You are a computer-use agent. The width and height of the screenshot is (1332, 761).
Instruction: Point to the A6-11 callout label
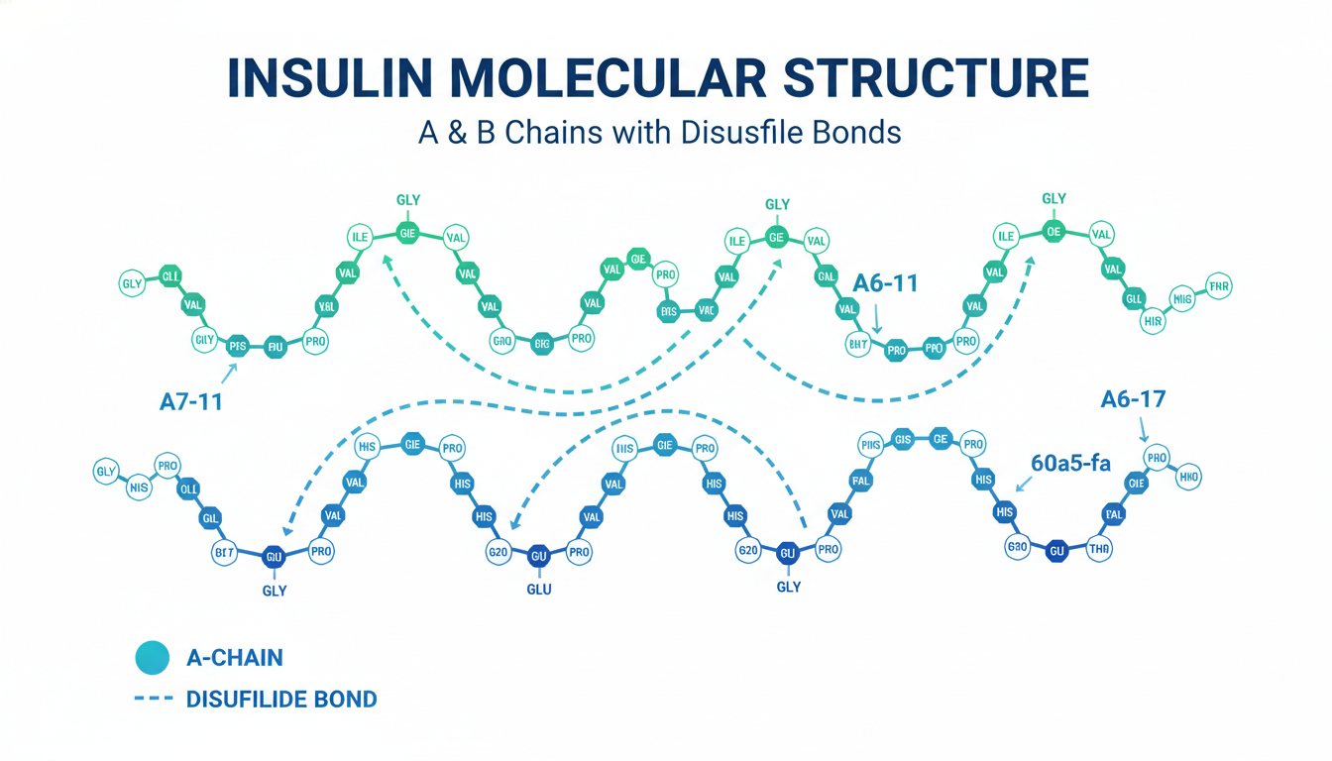[885, 282]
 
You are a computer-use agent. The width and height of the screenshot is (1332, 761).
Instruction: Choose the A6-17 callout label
[1133, 399]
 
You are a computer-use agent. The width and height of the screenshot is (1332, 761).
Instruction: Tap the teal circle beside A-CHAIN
[154, 657]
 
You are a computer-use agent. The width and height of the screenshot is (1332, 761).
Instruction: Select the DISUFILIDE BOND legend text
[281, 700]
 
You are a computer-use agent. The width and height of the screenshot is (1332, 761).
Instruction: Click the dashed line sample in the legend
[154, 700]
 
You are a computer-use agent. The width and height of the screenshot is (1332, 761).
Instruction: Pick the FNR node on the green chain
[1218, 288]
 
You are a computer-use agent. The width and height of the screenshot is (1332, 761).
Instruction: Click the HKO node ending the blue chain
[1187, 478]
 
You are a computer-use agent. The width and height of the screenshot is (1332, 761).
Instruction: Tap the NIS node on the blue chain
[138, 487]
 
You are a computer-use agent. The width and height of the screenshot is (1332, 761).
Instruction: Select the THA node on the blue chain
[1099, 548]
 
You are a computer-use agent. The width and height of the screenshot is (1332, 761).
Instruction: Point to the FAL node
[860, 482]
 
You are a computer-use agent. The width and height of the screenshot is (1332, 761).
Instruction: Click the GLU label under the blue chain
[539, 589]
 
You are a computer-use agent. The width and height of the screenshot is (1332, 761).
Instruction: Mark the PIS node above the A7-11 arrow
[237, 346]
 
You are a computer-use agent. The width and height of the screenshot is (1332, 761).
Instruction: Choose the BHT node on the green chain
[858, 345]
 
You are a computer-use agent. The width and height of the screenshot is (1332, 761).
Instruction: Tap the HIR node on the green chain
[1152, 321]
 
